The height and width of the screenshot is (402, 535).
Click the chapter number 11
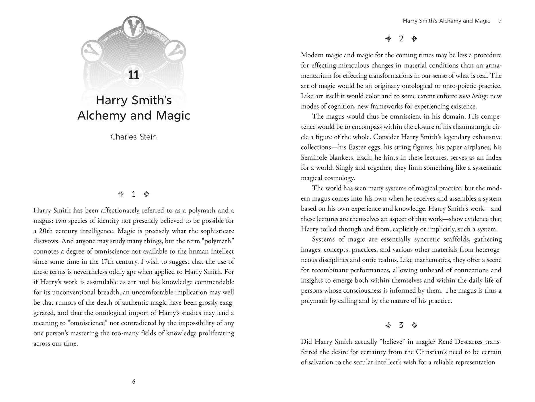(134, 75)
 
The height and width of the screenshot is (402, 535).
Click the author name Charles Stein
(134, 137)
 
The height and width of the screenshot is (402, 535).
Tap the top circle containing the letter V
(133, 27)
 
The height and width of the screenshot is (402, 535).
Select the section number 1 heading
(134, 194)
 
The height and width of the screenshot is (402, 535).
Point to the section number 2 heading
(401, 39)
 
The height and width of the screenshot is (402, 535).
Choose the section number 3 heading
(401, 325)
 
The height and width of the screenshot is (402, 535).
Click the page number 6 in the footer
(134, 382)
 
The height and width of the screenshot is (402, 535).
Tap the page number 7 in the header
(500, 21)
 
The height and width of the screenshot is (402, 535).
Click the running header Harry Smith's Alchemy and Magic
(446, 21)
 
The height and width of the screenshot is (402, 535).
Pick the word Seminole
(314, 158)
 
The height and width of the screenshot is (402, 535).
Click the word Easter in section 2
(357, 147)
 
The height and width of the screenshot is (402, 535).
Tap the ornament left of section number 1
(121, 194)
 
